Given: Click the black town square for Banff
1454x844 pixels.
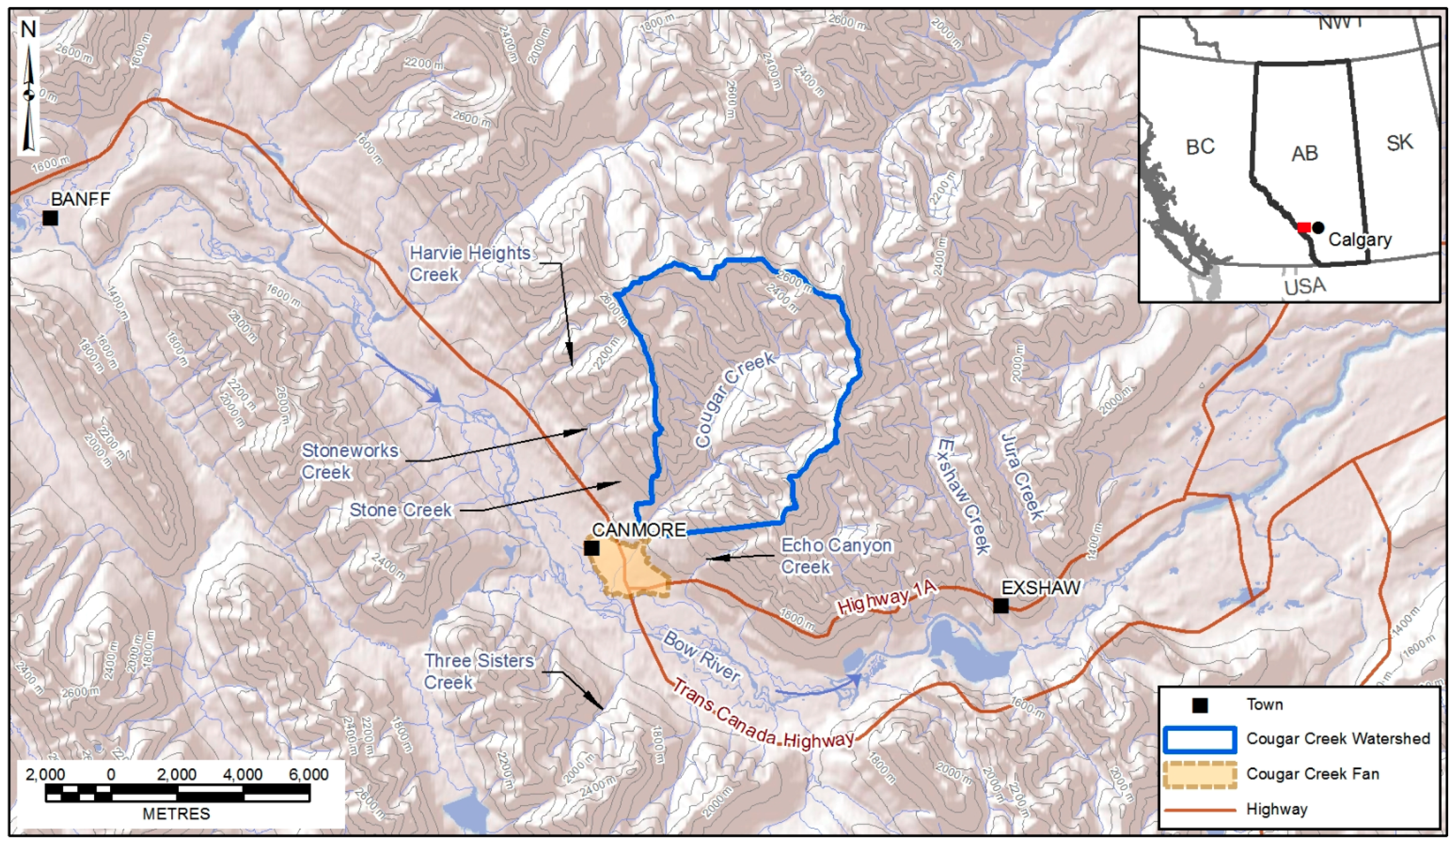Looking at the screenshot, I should (50, 218).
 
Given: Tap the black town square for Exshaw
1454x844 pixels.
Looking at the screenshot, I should (1001, 606).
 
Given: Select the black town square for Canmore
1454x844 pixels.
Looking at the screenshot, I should (592, 548).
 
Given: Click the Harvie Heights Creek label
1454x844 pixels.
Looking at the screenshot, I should (470, 263).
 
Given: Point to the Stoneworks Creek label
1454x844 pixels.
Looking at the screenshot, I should (350, 461).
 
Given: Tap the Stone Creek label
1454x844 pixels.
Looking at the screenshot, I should (401, 510).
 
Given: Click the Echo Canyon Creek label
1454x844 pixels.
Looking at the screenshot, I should (836, 555).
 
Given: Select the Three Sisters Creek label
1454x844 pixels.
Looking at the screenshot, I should (479, 671).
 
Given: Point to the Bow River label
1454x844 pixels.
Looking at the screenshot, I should (701, 656).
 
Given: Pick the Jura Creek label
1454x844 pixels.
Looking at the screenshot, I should (1021, 478).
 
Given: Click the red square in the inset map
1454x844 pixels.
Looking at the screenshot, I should (1303, 227).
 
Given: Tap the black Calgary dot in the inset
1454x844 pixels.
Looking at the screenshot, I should (1318, 227).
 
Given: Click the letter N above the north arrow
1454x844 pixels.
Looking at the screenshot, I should (28, 29).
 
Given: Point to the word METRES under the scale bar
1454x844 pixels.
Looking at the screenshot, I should (177, 814).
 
